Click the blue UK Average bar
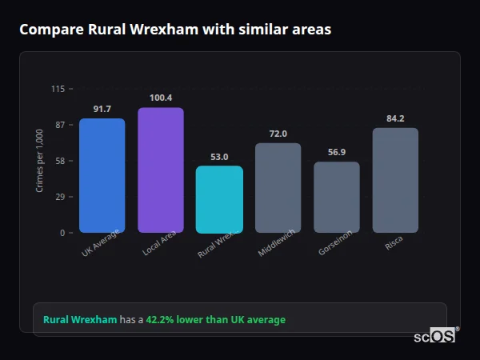click(102, 176)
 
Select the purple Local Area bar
click(161, 170)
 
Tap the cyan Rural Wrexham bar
click(219, 200)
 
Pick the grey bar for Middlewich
click(278, 188)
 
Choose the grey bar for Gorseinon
click(337, 198)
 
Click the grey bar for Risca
click(395, 180)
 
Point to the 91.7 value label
click(102, 109)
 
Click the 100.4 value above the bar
click(161, 98)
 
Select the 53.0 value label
click(219, 157)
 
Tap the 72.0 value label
click(278, 134)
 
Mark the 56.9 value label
click(337, 152)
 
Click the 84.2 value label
click(395, 118)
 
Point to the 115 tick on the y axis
click(58, 89)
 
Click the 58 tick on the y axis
click(60, 161)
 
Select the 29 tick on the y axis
click(60, 197)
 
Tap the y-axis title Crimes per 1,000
click(39, 161)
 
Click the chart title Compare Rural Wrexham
click(174, 30)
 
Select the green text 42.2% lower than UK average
click(215, 320)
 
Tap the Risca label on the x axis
click(394, 243)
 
